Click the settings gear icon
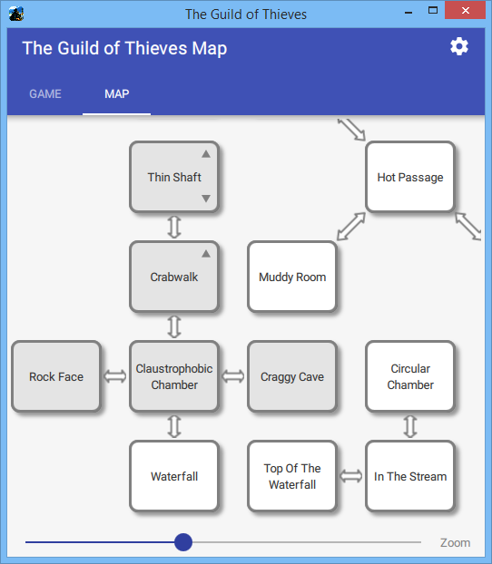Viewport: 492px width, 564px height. click(x=459, y=47)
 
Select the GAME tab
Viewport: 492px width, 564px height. click(x=45, y=94)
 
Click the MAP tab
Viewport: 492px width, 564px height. click(x=117, y=94)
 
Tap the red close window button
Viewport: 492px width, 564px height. click(x=465, y=11)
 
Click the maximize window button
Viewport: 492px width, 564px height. click(x=433, y=11)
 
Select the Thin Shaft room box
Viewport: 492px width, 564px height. click(x=174, y=177)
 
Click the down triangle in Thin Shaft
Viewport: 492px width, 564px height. click(x=206, y=199)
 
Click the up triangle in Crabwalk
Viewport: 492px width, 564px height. click(x=206, y=254)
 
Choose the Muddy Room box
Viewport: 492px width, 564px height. click(x=292, y=277)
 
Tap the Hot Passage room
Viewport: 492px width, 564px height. click(x=410, y=177)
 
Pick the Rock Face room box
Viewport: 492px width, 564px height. click(x=56, y=376)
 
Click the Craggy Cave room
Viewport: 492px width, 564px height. click(x=292, y=376)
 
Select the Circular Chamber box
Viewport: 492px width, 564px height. click(x=410, y=376)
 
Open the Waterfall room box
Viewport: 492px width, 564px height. click(x=174, y=476)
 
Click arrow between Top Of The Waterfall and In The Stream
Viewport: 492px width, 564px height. click(x=351, y=476)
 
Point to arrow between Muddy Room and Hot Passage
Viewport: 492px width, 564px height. click(x=351, y=227)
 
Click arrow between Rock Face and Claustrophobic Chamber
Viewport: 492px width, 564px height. click(x=115, y=376)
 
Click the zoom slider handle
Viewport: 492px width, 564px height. click(x=183, y=542)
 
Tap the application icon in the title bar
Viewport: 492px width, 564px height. click(x=16, y=14)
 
